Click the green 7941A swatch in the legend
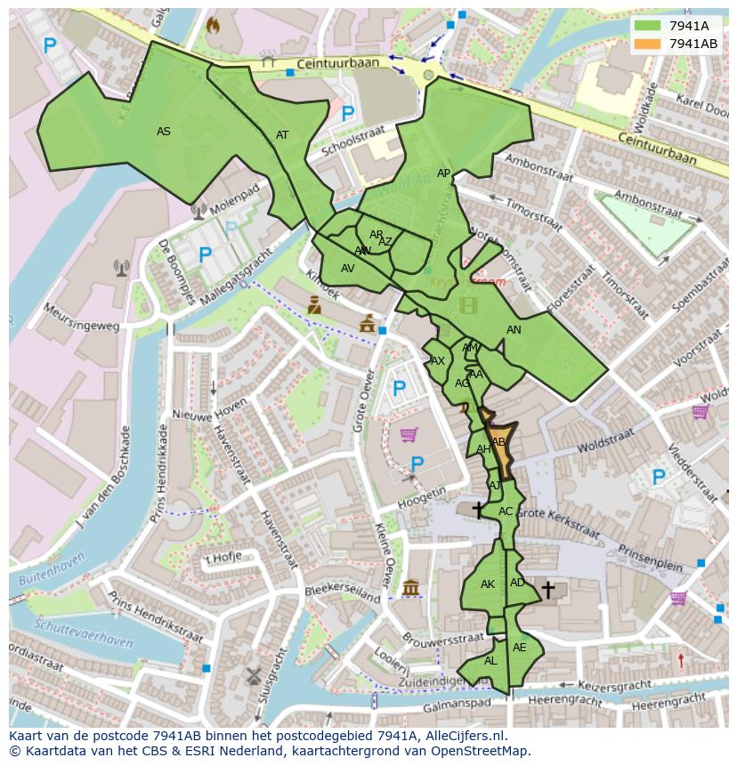point(648,26)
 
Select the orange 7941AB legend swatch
point(648,44)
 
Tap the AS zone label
point(164,132)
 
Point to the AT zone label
point(282,135)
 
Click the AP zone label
point(443,173)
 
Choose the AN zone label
point(514,330)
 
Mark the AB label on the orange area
point(498,442)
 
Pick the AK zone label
point(487,585)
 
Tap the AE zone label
point(520,648)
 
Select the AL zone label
point(490,661)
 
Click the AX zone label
point(437,361)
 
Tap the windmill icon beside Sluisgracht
point(252,675)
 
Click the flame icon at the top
point(213,26)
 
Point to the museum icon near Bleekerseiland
point(410,588)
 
